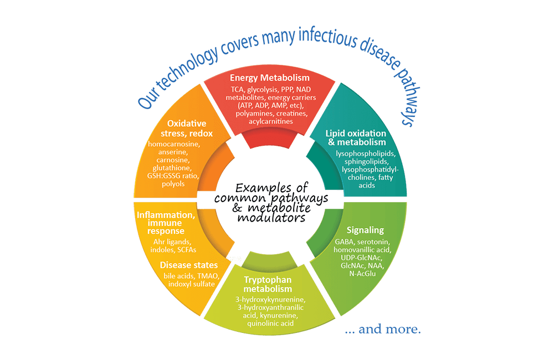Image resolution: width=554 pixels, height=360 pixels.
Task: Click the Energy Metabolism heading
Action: pos(270,78)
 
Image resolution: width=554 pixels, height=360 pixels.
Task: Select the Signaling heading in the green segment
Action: pos(365,230)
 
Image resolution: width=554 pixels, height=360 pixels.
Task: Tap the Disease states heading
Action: pos(189,265)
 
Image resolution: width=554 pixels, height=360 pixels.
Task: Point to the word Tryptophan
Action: pos(268,280)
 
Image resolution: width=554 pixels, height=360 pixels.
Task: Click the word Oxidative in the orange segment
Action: pos(187,124)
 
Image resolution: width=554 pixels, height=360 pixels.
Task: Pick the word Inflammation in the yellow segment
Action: pos(166,215)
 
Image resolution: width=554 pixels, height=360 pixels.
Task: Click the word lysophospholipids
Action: pos(366,153)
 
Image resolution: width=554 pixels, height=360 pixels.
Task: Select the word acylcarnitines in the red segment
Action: pos(271,121)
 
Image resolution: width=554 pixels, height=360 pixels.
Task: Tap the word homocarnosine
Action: pos(174,144)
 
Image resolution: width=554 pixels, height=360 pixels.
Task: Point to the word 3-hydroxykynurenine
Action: pos(270,300)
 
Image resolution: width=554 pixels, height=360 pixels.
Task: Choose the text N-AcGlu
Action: pos(362,274)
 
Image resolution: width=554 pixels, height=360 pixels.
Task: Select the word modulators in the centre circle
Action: pos(271,218)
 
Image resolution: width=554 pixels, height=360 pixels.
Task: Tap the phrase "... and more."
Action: pos(383,330)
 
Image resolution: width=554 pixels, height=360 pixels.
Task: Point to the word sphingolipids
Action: pos(366,162)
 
